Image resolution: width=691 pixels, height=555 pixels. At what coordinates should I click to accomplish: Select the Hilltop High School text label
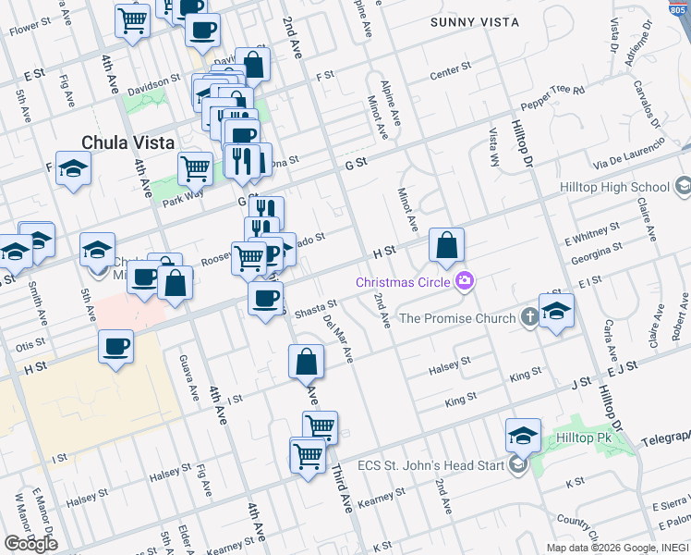tap(614, 187)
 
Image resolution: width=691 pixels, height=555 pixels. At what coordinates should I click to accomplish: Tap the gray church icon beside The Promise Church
tap(529, 318)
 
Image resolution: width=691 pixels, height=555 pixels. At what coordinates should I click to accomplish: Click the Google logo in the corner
tap(30, 543)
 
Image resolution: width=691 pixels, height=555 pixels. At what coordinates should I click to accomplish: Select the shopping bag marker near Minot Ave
tap(446, 246)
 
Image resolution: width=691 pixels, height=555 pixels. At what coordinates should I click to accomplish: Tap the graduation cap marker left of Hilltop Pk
tap(523, 435)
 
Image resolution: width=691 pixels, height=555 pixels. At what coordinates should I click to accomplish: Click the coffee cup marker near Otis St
tap(116, 348)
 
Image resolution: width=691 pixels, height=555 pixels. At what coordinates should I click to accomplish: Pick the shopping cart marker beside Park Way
tap(195, 168)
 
